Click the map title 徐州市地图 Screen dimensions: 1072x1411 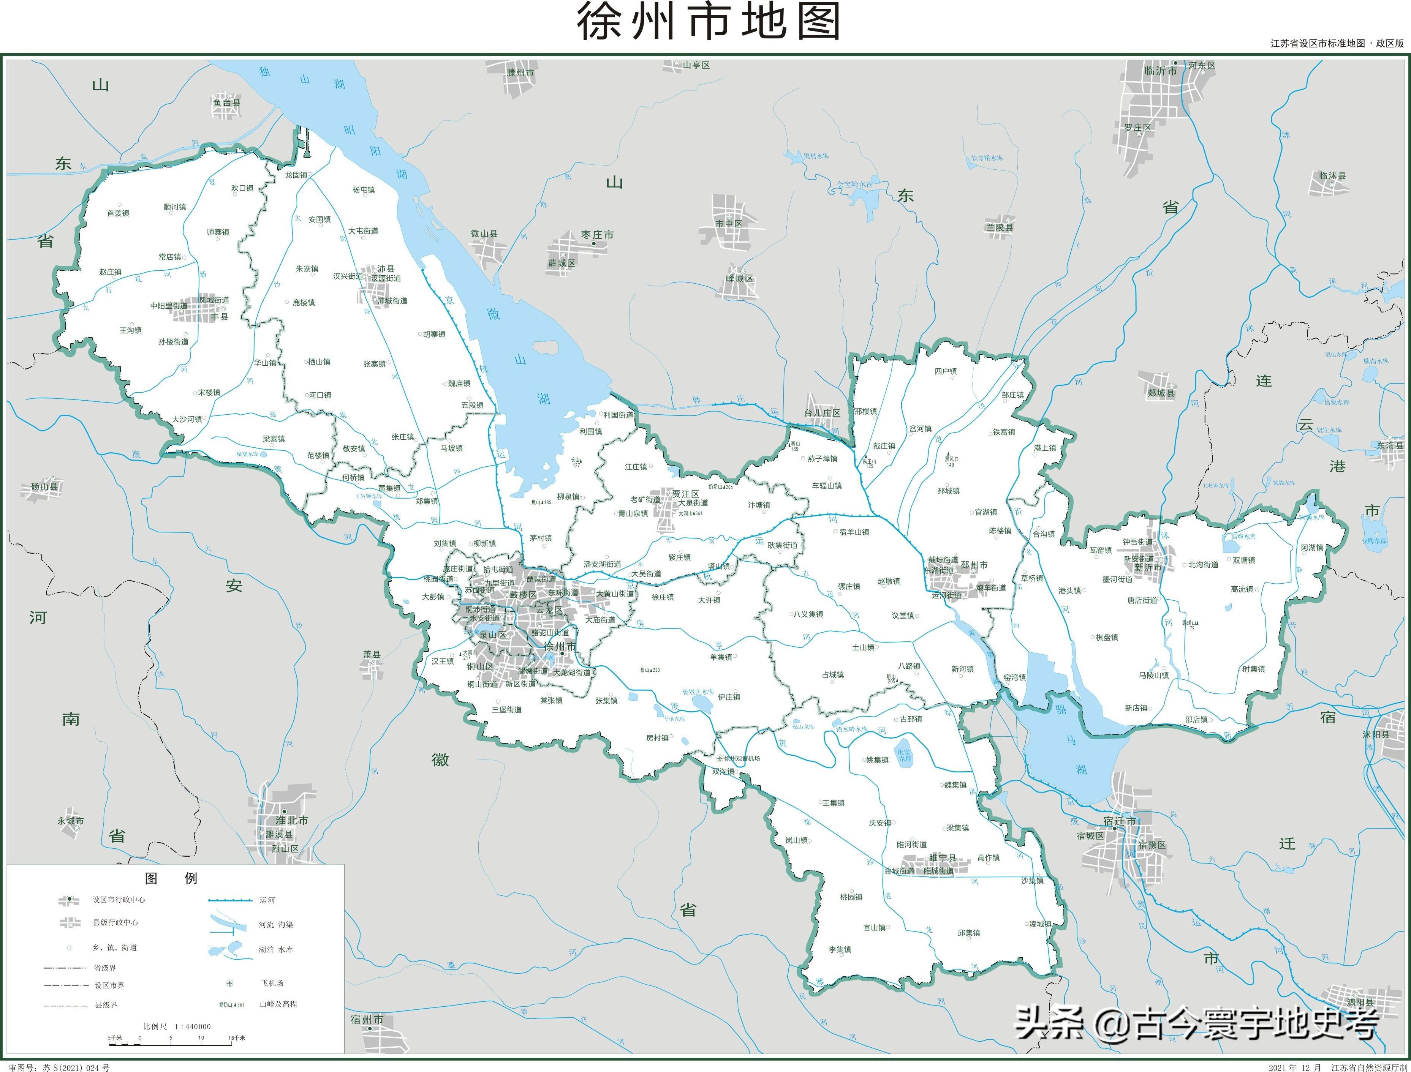[707, 22]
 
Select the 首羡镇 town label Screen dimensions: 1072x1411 [118, 213]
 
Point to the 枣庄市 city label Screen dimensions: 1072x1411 [597, 235]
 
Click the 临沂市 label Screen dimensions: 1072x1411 [1160, 71]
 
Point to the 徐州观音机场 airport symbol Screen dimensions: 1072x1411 [720, 758]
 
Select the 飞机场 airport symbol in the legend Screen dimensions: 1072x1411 [230, 983]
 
